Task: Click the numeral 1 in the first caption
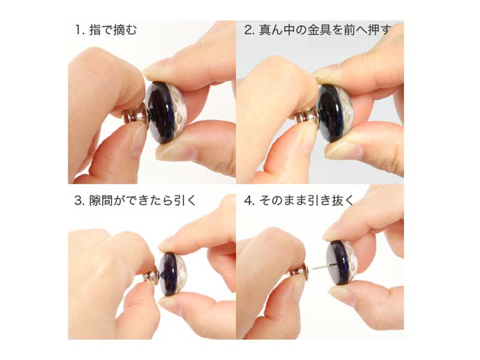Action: (78, 30)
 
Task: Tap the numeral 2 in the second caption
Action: (248, 30)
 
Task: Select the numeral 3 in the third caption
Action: (78, 200)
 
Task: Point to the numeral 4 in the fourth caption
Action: (248, 200)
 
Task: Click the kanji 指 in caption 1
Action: (95, 30)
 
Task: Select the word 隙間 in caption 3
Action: (101, 200)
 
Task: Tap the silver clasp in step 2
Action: (307, 117)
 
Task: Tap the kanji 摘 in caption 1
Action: (119, 30)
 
